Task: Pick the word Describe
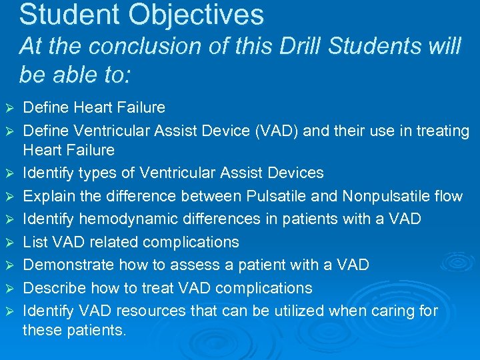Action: [53, 287]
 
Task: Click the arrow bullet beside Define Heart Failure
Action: [9, 108]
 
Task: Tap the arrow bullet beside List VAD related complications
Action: [9, 242]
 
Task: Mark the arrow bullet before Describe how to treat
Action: [9, 288]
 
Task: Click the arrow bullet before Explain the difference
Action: [9, 197]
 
